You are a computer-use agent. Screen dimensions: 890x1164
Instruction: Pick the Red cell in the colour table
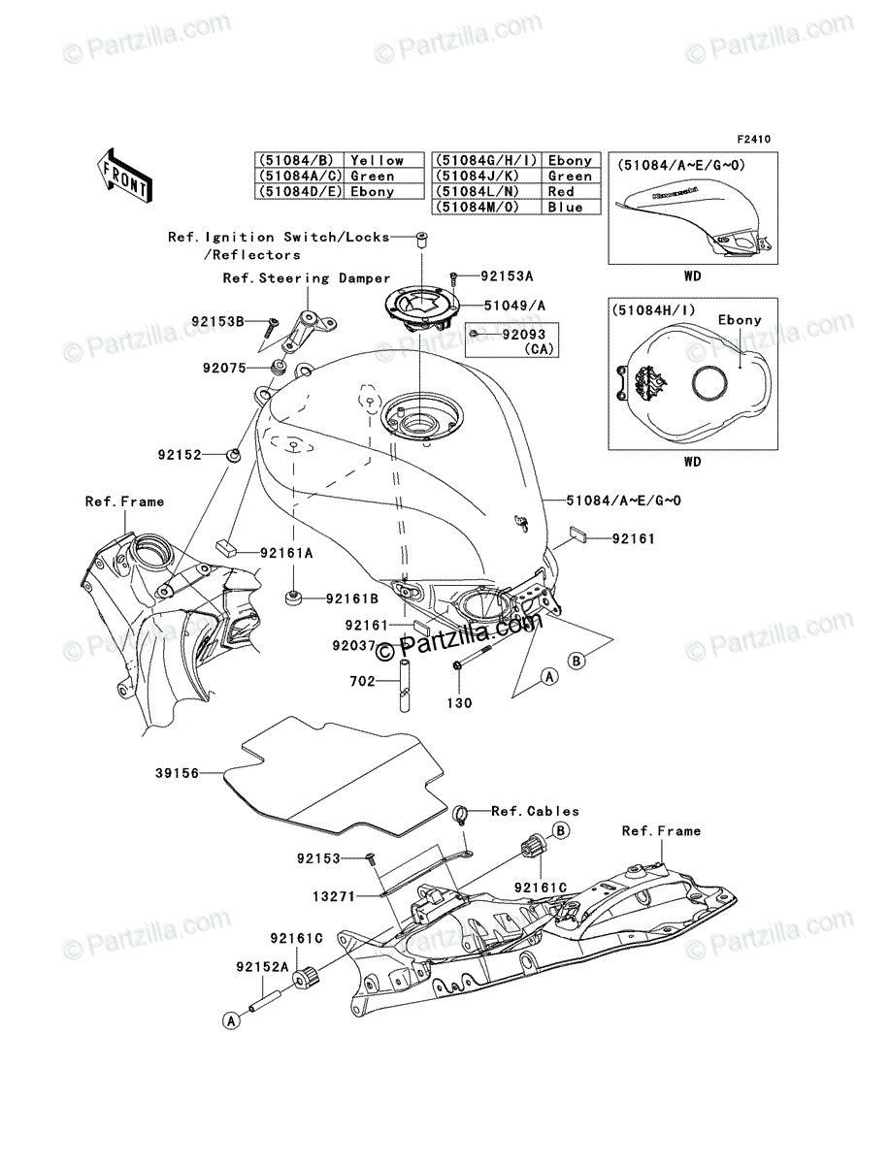(x=571, y=191)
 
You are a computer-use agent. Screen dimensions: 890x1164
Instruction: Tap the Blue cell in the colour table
(x=571, y=207)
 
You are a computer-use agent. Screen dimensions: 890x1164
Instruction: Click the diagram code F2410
(x=753, y=140)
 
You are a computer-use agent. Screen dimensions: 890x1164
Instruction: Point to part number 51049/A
(x=514, y=306)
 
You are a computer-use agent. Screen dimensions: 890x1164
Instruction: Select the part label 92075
(x=224, y=368)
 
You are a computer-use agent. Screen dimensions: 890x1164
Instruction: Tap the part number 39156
(x=177, y=774)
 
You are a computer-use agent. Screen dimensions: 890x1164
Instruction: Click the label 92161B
(x=351, y=598)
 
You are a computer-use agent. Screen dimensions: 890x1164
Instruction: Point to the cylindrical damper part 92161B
(x=293, y=598)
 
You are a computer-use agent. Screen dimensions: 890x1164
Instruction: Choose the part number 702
(x=362, y=681)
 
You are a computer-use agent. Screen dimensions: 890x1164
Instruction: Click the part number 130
(x=459, y=703)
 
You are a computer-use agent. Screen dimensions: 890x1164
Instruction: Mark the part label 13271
(x=334, y=896)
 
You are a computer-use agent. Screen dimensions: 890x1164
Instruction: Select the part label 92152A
(x=263, y=967)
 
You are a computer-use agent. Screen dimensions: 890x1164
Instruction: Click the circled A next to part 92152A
(x=231, y=1020)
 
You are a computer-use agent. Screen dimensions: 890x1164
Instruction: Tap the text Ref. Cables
(x=535, y=811)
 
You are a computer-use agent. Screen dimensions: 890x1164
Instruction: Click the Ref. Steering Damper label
(x=307, y=278)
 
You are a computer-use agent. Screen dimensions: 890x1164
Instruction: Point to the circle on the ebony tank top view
(x=709, y=384)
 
